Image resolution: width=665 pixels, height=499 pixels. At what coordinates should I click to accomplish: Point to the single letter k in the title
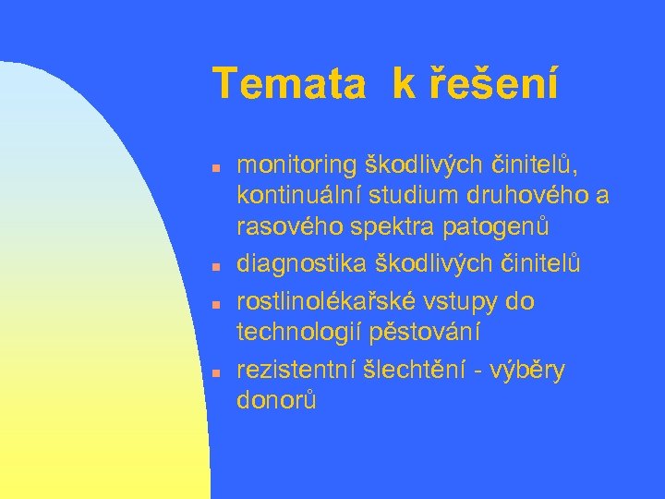[404, 84]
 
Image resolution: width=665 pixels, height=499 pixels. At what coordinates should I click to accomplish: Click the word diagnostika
[301, 265]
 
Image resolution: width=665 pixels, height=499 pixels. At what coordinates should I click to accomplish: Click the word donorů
[277, 402]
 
